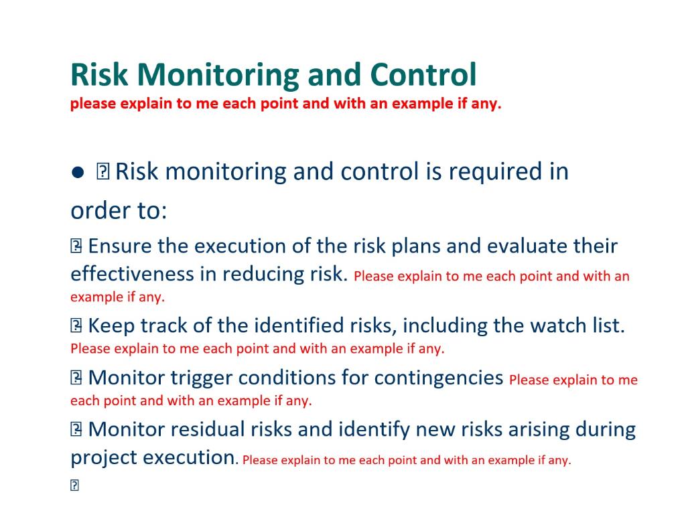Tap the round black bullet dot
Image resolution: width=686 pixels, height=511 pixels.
point(77,173)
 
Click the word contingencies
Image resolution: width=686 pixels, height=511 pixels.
point(439,378)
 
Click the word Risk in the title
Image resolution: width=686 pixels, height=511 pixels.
point(100,75)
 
